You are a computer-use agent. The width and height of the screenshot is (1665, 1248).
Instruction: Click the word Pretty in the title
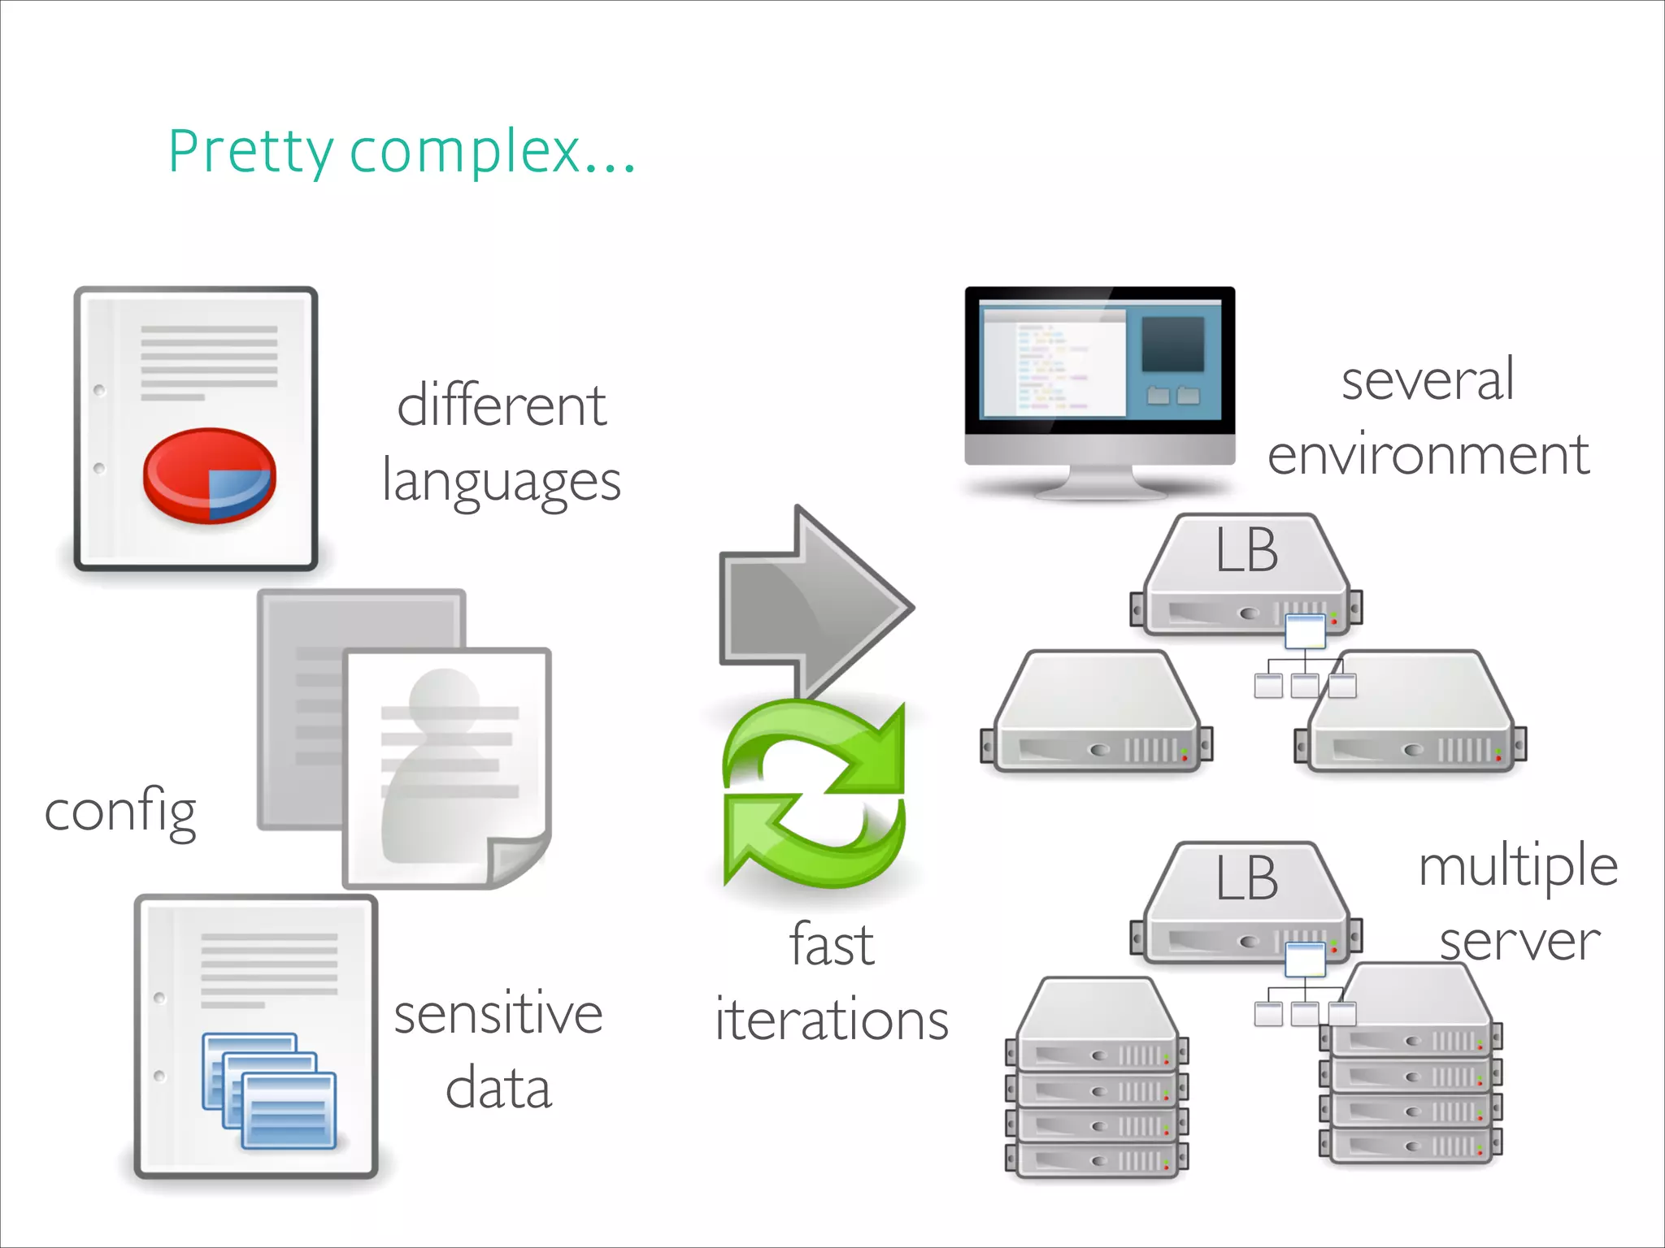[250, 153]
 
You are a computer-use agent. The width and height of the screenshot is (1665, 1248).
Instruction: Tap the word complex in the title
[463, 153]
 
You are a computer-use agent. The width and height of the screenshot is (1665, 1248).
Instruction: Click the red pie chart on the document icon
[209, 475]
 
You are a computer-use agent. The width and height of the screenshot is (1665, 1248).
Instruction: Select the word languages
[501, 483]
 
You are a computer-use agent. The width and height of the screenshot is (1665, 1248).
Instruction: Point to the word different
[501, 405]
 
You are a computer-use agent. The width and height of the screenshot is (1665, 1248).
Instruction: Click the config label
[120, 812]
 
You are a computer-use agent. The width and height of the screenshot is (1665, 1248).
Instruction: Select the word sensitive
[498, 1015]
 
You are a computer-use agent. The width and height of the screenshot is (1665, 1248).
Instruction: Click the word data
[498, 1089]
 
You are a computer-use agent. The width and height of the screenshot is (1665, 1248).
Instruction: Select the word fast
[831, 946]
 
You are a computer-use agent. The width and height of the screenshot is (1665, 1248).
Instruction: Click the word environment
[1428, 455]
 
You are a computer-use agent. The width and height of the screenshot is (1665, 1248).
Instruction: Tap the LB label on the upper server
[1246, 551]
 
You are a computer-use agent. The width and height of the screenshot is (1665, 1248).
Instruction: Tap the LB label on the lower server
[1246, 879]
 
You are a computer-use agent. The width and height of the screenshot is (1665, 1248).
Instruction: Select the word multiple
[1517, 866]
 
